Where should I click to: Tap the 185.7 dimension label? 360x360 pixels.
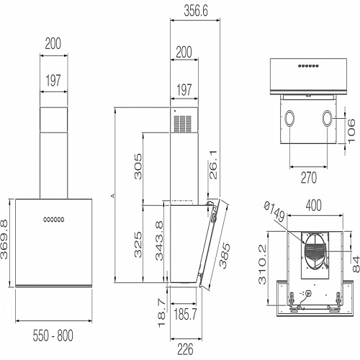tap(186, 315)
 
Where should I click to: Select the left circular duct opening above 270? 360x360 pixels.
tap(289, 118)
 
